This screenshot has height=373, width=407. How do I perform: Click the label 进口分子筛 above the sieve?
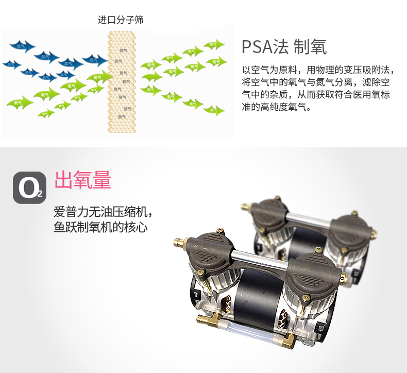[121, 20]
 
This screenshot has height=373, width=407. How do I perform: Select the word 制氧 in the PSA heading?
[310, 47]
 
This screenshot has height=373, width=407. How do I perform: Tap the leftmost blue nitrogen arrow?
[11, 64]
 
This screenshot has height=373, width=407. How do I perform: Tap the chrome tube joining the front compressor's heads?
[258, 255]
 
